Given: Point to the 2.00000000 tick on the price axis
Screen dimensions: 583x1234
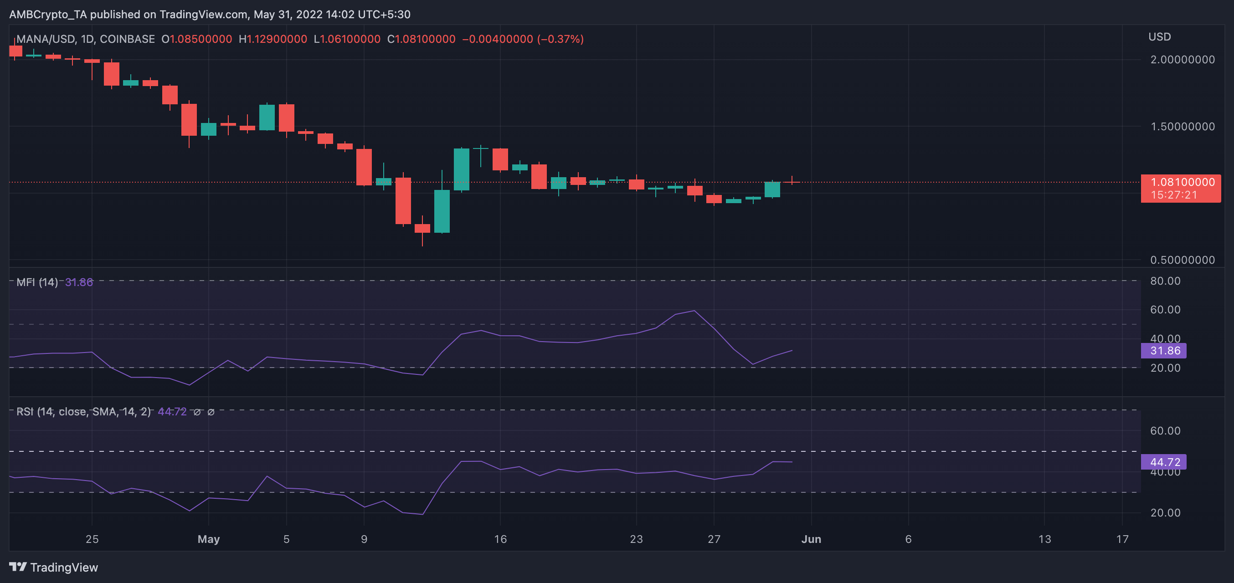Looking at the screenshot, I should (x=1182, y=60).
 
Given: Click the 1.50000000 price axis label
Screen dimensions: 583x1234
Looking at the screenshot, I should (x=1182, y=126).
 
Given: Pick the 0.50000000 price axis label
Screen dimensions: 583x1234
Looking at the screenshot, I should (x=1182, y=260).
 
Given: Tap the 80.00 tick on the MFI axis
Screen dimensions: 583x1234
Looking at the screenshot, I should (x=1165, y=281).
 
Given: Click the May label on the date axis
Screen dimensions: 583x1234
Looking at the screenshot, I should (x=208, y=539).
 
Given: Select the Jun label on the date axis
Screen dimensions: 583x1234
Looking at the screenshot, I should (x=811, y=539).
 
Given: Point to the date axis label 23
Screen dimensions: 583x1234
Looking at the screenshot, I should (x=636, y=539).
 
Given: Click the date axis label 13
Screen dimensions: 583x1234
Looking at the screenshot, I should (x=1044, y=539).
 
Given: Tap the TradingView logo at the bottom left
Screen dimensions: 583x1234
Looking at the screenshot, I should (x=54, y=567).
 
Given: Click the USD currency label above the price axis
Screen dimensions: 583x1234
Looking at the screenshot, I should (x=1159, y=37).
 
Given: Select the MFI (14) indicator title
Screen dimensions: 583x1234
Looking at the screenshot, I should (x=37, y=282).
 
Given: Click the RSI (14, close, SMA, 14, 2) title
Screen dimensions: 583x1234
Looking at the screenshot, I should (x=83, y=412).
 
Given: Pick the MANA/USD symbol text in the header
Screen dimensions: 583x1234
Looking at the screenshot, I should (x=45, y=39).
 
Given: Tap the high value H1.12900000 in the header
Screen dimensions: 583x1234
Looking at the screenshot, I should (x=273, y=39).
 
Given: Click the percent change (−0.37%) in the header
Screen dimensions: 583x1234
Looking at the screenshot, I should (x=560, y=39).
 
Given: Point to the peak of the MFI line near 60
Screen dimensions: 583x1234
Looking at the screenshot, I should (x=694, y=311).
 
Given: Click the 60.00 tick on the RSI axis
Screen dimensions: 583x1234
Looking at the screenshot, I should (x=1165, y=431).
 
